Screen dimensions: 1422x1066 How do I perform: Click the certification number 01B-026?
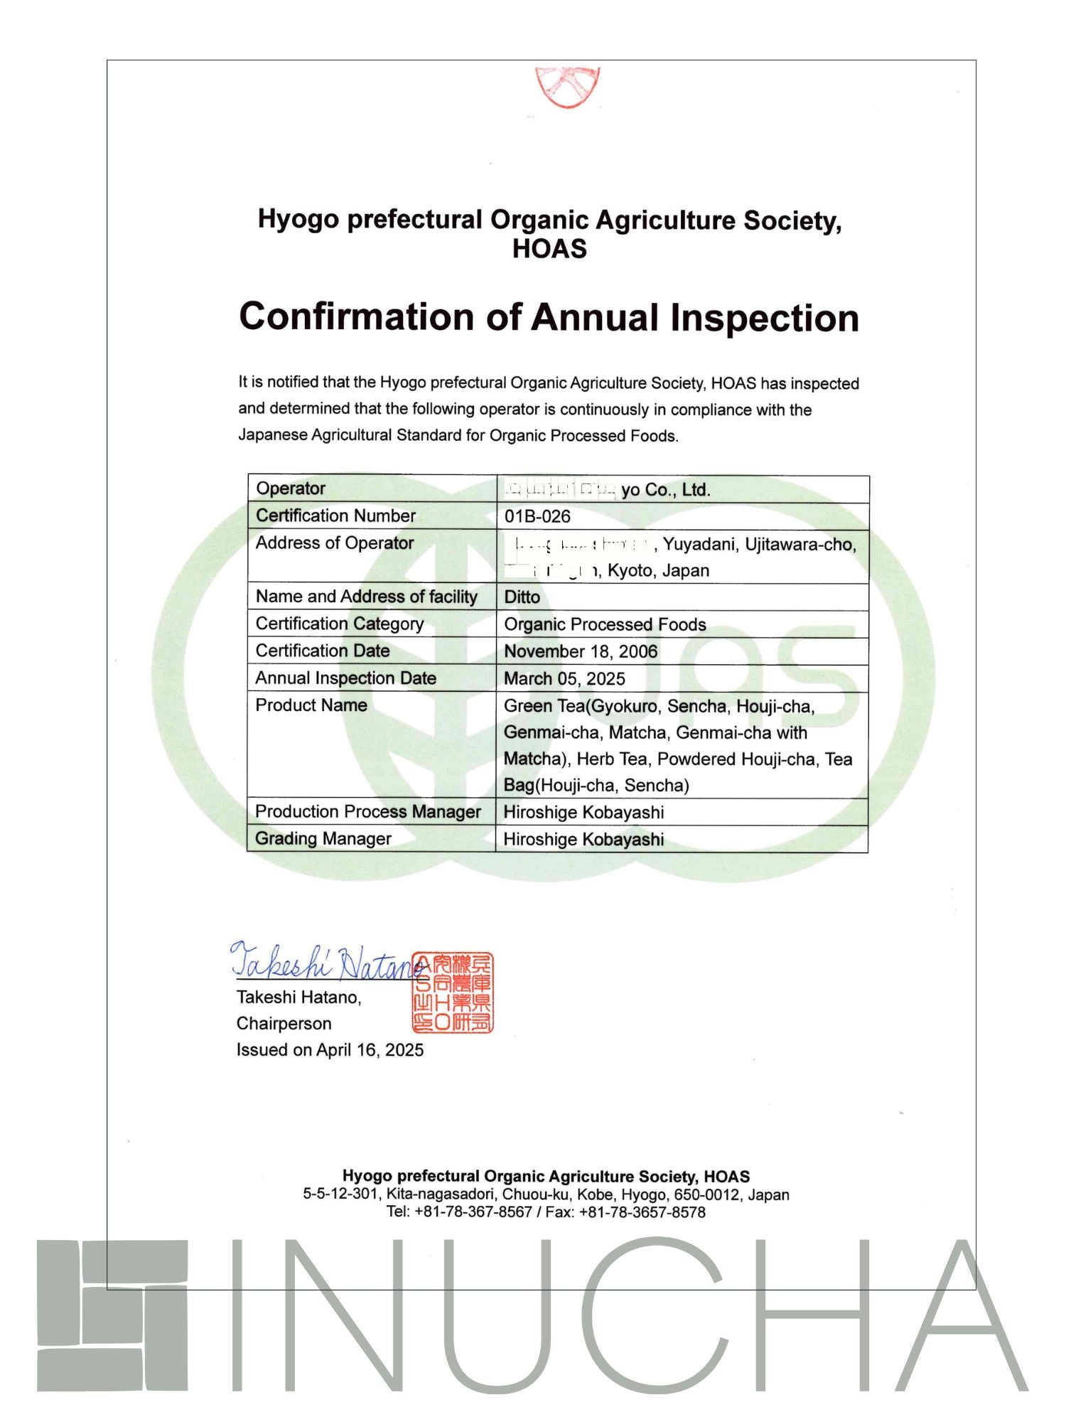537,517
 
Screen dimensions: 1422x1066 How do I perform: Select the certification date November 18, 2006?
581,651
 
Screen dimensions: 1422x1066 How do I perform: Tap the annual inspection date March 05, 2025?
564,678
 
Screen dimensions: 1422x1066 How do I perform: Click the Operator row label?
291,488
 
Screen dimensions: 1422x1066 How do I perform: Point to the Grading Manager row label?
323,839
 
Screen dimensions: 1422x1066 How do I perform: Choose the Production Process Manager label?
368,812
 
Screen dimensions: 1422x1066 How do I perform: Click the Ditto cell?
522,597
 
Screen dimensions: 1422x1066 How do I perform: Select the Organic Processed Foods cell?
605,624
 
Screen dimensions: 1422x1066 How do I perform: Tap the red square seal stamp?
453,993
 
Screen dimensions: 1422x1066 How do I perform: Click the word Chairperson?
284,1024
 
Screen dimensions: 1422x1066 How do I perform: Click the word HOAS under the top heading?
549,249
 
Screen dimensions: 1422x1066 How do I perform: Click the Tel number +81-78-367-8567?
473,1212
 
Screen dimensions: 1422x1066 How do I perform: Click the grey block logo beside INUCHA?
112,1315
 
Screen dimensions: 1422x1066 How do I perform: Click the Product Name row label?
311,705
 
